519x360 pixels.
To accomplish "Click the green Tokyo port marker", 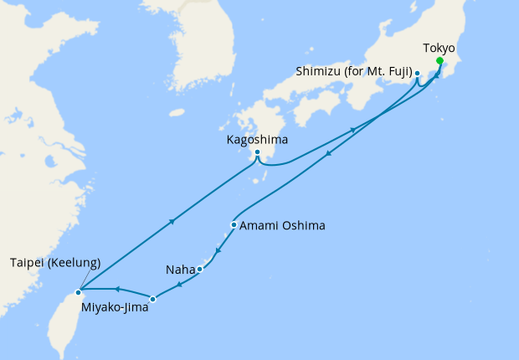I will click(x=439, y=60).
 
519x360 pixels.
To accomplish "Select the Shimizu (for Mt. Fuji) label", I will click(x=352, y=73).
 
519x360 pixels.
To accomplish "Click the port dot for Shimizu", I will click(x=417, y=74).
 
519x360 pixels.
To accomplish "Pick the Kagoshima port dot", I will click(x=258, y=152).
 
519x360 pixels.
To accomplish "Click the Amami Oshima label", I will click(x=282, y=225).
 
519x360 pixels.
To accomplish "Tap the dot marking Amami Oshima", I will click(x=234, y=224).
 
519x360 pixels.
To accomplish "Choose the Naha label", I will click(x=181, y=270).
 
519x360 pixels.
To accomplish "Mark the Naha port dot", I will click(x=199, y=269).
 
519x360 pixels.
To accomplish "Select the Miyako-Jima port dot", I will click(x=152, y=298).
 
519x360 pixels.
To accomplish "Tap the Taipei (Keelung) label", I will click(x=55, y=262).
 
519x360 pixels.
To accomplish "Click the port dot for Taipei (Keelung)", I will click(x=79, y=292).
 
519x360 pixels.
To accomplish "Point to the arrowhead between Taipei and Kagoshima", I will click(x=172, y=222).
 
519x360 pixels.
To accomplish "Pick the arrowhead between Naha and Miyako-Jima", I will click(x=180, y=285).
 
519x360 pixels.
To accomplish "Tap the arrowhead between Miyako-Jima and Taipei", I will click(x=117, y=289).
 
